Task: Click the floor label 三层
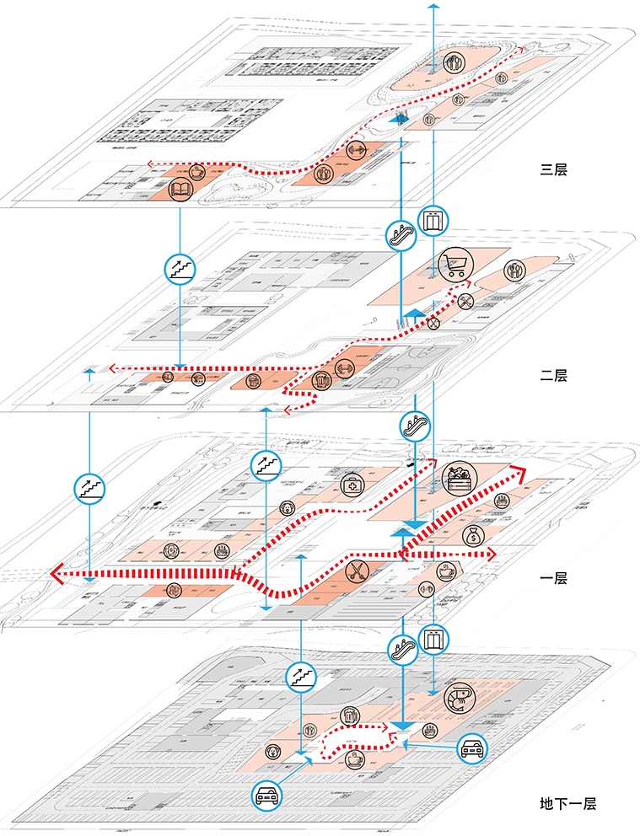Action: click(x=554, y=169)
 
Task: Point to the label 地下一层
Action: click(x=567, y=804)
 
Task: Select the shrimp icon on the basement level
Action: click(x=460, y=698)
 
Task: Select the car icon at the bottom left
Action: click(x=266, y=795)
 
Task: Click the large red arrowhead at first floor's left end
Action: click(x=56, y=575)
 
